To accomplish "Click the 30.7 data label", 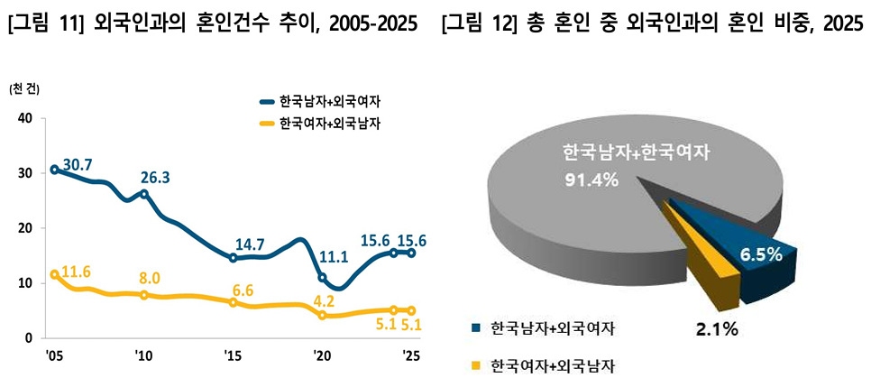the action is pyautogui.click(x=77, y=165).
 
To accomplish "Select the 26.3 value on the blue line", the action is pyautogui.click(x=155, y=178).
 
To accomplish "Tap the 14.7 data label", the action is pyautogui.click(x=250, y=244).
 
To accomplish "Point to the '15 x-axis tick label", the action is pyautogui.click(x=233, y=355).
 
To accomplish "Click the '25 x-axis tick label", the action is pyautogui.click(x=412, y=355).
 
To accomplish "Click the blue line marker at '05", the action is pyautogui.click(x=54, y=170).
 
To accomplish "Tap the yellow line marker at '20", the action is pyautogui.click(x=322, y=315).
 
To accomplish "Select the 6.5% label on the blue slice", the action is pyautogui.click(x=761, y=255).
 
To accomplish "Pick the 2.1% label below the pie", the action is pyautogui.click(x=717, y=330).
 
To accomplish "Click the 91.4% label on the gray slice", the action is pyautogui.click(x=590, y=180).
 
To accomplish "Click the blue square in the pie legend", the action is pyautogui.click(x=474, y=327).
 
